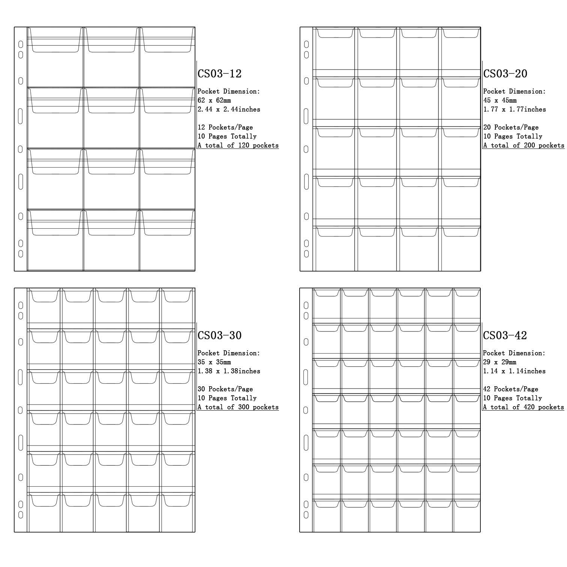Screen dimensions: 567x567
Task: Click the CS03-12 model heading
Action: (x=219, y=73)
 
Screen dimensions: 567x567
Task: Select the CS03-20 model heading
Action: (x=505, y=73)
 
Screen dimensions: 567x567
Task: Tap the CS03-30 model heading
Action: (x=219, y=335)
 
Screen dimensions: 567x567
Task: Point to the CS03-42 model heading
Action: (x=505, y=335)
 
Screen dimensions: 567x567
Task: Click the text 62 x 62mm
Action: (x=214, y=100)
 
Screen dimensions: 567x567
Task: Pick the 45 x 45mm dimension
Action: (x=499, y=100)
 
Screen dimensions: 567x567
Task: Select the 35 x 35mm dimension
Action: (x=214, y=362)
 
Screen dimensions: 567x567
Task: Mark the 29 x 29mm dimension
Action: (x=499, y=362)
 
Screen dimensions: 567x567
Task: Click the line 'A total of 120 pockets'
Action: (x=238, y=145)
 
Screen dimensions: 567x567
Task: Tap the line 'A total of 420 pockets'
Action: (x=523, y=407)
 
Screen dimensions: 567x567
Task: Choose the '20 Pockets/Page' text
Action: (x=511, y=127)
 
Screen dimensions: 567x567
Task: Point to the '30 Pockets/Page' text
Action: (x=225, y=389)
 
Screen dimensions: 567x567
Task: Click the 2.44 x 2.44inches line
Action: (x=229, y=109)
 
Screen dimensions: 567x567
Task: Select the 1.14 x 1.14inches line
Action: (x=514, y=371)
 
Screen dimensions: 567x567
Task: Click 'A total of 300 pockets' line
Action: (x=238, y=407)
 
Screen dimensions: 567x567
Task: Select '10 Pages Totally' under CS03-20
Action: (x=513, y=136)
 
